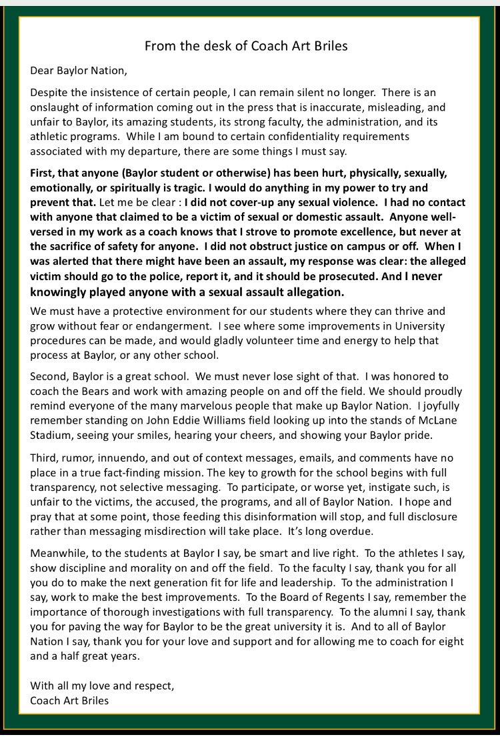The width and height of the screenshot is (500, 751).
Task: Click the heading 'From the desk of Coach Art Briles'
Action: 246,46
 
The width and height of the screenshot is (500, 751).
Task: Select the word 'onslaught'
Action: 55,107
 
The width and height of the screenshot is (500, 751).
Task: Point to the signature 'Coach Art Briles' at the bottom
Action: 71,700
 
